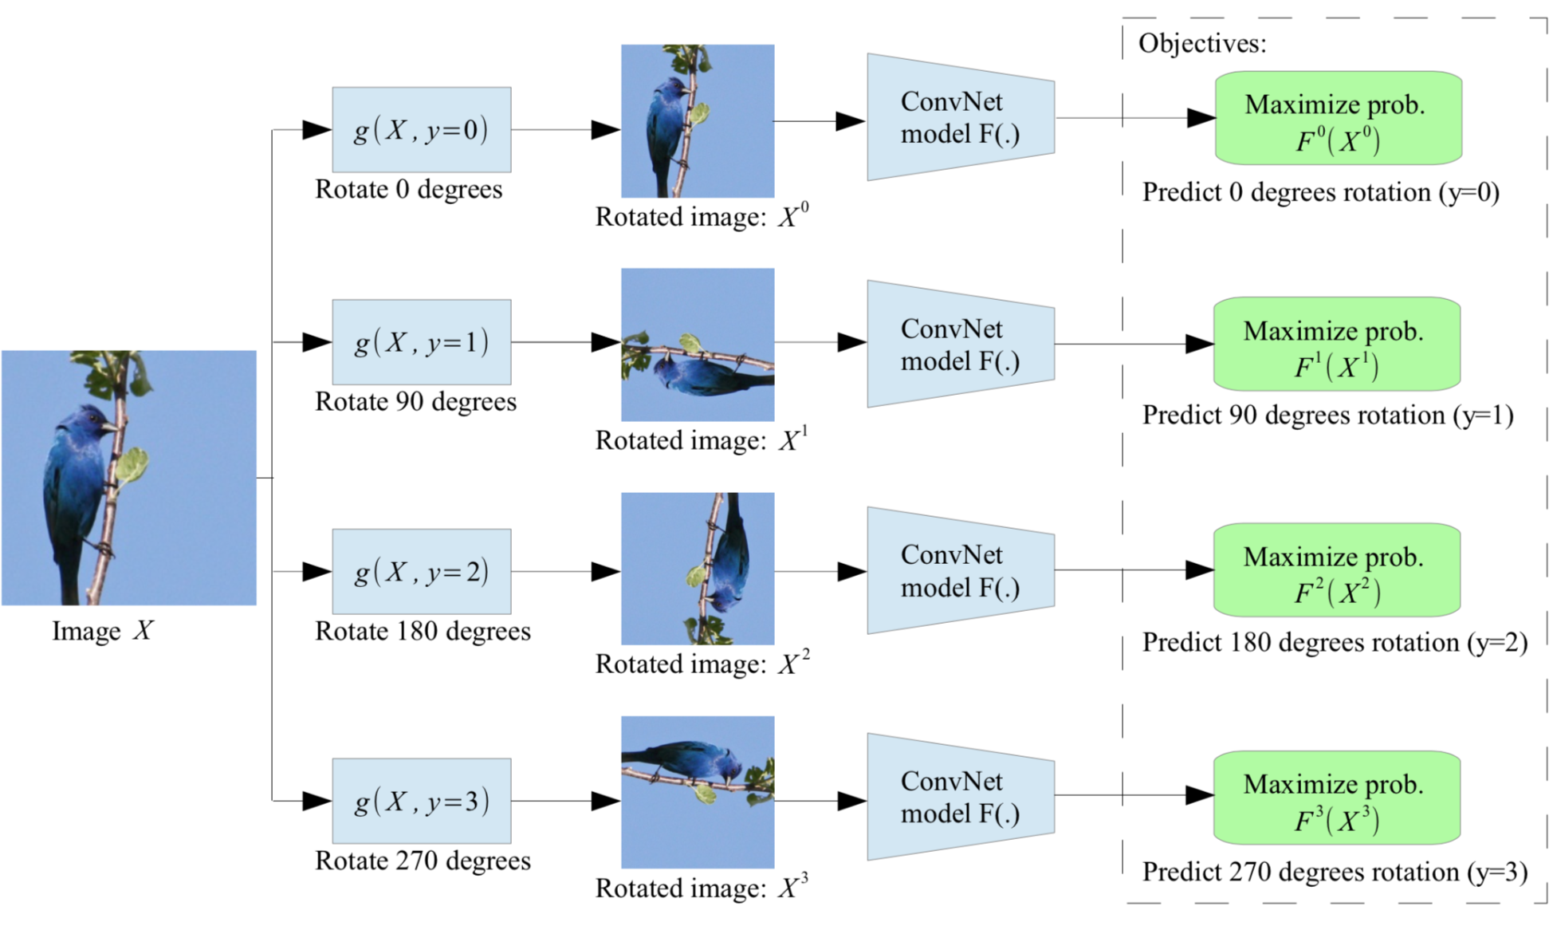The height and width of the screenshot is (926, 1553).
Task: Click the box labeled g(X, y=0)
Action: (421, 129)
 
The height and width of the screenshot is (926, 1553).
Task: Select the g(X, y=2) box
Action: (421, 571)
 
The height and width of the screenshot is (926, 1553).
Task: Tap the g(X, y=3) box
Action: (421, 800)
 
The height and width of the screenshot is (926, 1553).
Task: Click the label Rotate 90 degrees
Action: (415, 401)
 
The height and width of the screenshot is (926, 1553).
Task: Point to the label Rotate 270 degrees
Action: (423, 861)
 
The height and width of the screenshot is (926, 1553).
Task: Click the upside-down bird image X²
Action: (698, 568)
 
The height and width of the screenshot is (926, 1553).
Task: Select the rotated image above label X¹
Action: (698, 344)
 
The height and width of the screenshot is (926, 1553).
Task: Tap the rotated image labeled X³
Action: (698, 791)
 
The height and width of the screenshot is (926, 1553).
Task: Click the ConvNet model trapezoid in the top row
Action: (960, 118)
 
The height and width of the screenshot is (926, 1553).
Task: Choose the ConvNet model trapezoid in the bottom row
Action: (960, 797)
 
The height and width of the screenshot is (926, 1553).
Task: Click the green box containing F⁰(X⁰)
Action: (1337, 118)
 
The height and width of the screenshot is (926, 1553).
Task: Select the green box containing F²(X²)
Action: (1336, 569)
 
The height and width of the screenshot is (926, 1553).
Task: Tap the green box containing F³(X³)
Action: (1336, 797)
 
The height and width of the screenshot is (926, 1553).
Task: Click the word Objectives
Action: (1201, 43)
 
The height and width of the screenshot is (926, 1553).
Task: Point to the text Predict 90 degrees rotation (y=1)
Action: (1327, 416)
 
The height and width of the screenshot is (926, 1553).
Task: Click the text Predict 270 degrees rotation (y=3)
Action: (1334, 872)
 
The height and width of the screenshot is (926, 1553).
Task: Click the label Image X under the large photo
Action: (102, 631)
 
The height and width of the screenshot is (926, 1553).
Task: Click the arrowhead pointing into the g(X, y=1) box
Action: (316, 342)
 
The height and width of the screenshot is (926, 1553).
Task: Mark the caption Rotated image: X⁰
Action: (702, 217)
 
